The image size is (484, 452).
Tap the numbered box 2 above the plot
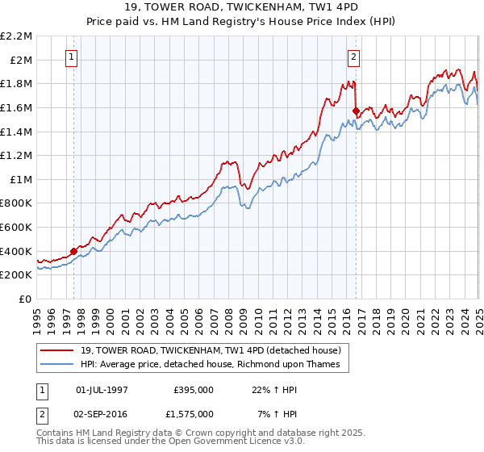pos(354,56)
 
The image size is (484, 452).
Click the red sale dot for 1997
pos(73,251)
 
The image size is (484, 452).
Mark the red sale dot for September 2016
pos(356,111)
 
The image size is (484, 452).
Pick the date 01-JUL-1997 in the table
pos(102,389)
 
